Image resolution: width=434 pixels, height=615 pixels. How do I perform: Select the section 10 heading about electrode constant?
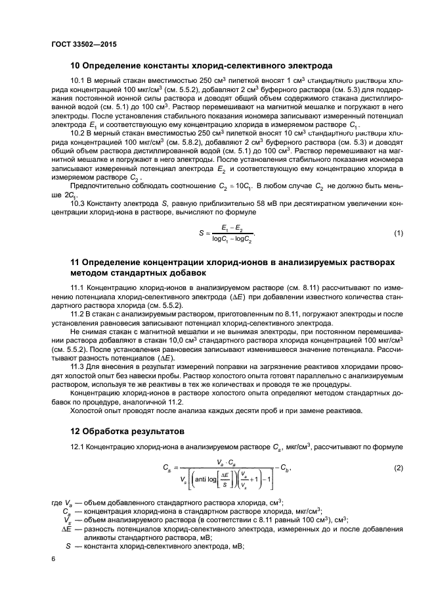coord(202,65)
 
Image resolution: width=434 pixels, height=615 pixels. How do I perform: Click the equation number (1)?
coord(398,234)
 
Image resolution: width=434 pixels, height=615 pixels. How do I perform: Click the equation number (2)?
coord(398,468)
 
